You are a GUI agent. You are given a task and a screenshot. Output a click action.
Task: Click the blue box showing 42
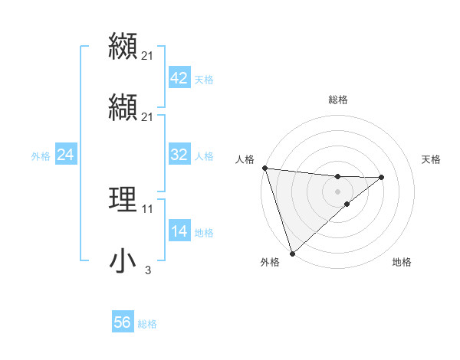coord(179,78)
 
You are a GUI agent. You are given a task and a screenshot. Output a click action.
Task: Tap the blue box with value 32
coord(179,155)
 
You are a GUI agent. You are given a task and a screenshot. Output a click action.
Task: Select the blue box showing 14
coord(179,231)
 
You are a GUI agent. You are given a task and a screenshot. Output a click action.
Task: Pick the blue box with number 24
coord(66,155)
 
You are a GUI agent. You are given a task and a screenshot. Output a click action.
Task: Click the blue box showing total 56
coord(123,322)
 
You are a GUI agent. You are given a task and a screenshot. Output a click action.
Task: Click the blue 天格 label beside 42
coord(204,80)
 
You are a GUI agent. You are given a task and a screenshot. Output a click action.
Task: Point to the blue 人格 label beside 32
coord(204,156)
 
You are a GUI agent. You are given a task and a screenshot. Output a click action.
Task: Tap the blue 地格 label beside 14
coord(204,233)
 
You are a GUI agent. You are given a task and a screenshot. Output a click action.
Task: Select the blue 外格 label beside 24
coord(41,156)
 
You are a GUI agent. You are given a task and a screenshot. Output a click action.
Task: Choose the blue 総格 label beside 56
coord(147,324)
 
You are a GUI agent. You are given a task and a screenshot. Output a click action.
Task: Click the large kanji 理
coord(123,199)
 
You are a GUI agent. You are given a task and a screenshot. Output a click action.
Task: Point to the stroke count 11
coord(147,208)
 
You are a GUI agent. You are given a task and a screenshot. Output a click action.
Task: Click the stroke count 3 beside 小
coord(147,270)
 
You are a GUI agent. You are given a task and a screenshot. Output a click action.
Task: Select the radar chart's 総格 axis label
coord(338,100)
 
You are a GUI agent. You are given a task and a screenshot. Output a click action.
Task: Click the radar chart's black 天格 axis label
coord(432,159)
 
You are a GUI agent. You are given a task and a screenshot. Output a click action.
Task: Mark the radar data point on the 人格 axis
coord(264,168)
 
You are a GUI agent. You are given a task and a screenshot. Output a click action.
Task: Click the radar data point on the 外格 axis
coord(292,253)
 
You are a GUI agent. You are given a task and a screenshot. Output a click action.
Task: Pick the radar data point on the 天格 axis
coord(382,177)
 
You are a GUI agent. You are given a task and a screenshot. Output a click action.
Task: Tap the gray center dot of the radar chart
coord(338,191)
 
